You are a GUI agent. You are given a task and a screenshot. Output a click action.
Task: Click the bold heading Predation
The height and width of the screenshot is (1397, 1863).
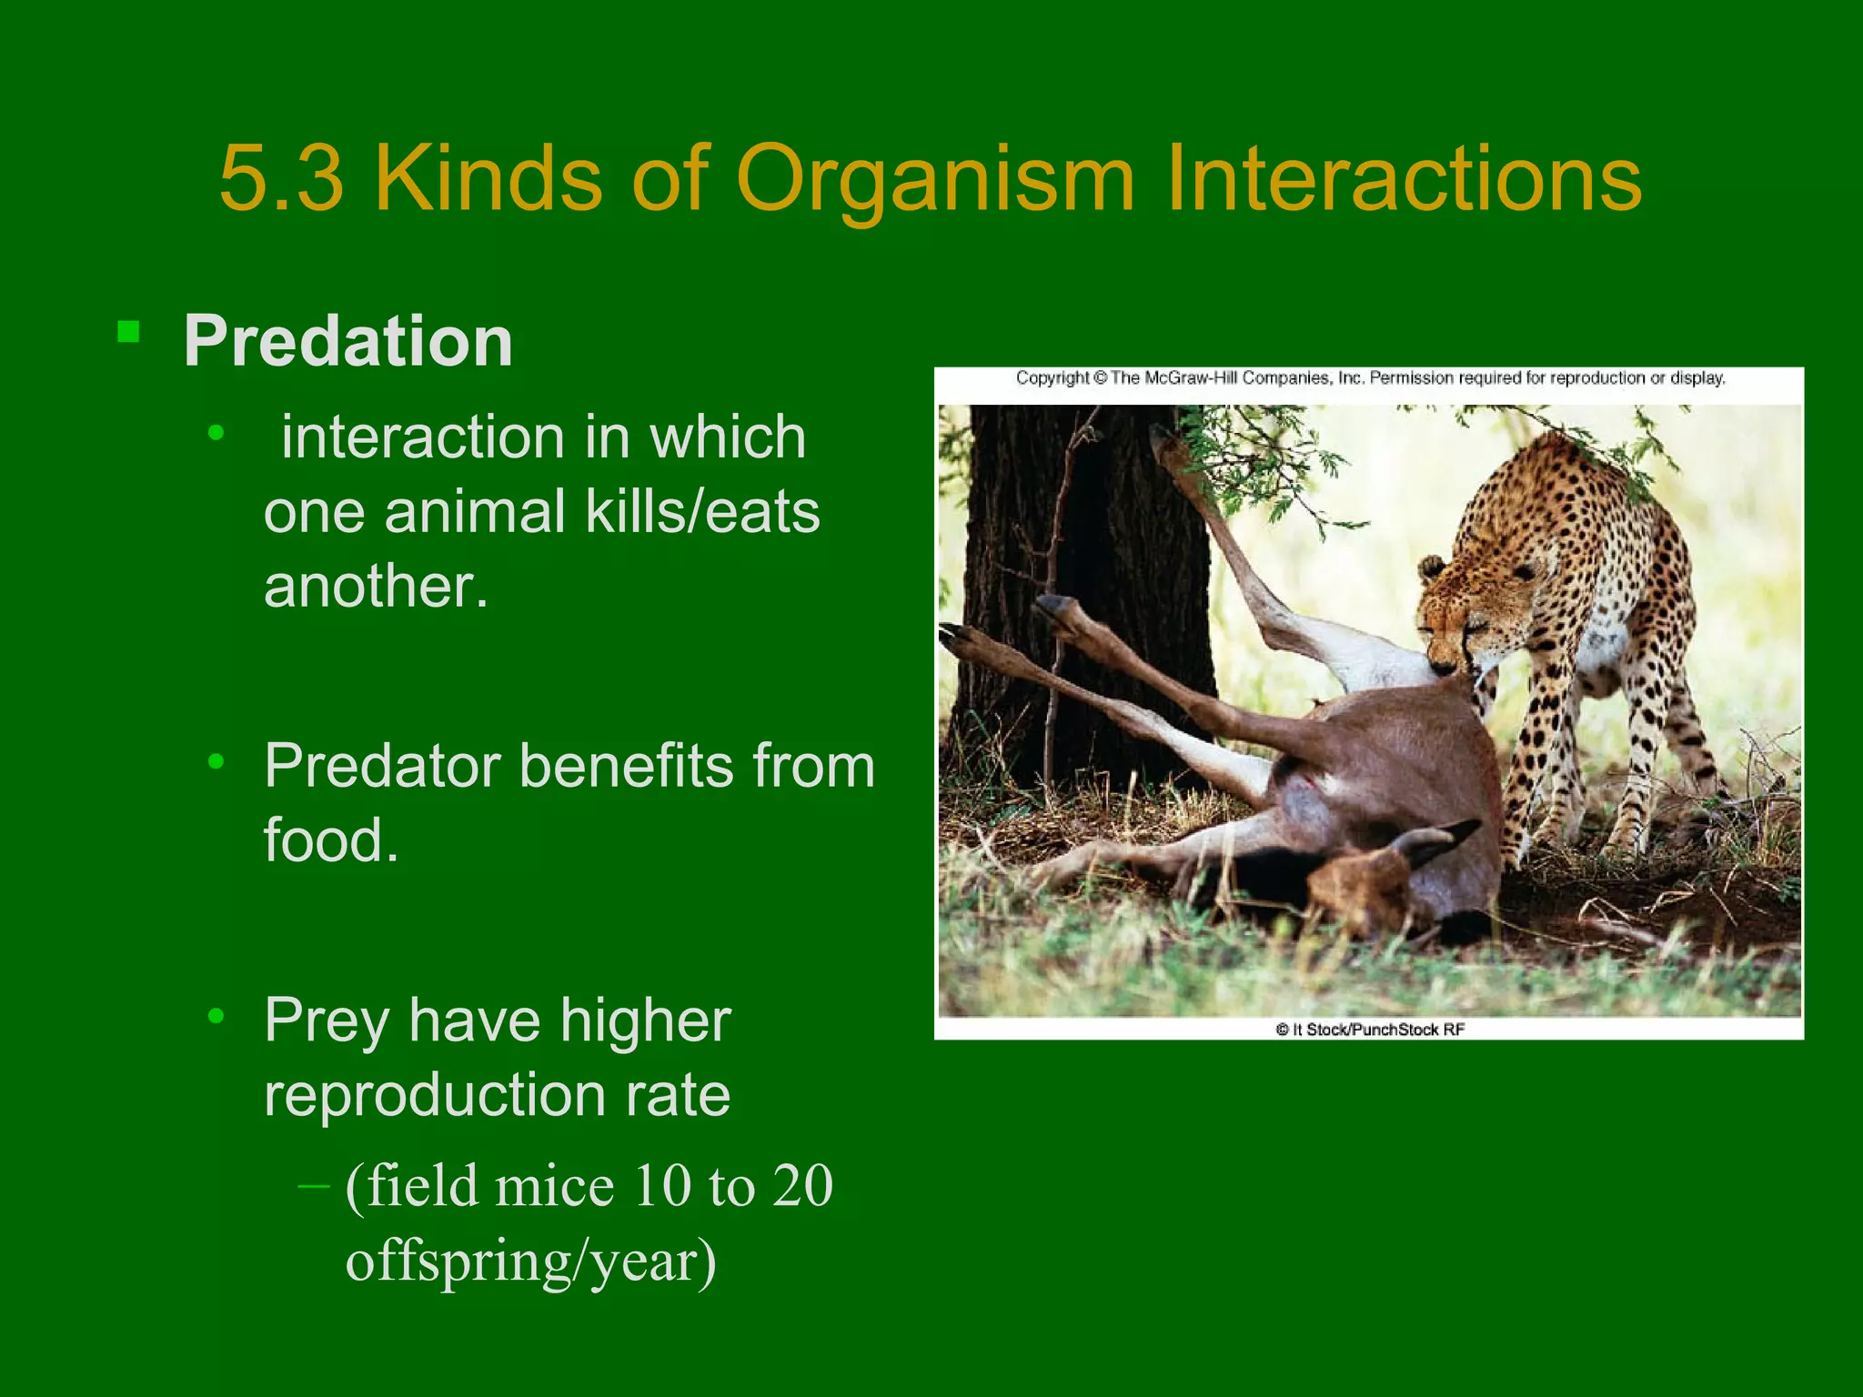click(347, 341)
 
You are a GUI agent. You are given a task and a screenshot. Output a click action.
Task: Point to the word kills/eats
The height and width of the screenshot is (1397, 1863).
click(702, 511)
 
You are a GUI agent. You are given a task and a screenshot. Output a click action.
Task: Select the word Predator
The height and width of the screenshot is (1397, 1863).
click(382, 766)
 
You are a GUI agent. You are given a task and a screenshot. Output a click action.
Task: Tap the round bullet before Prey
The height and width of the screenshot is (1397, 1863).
click(216, 1015)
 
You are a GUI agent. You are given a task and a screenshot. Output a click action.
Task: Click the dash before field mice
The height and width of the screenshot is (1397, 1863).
click(314, 1186)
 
